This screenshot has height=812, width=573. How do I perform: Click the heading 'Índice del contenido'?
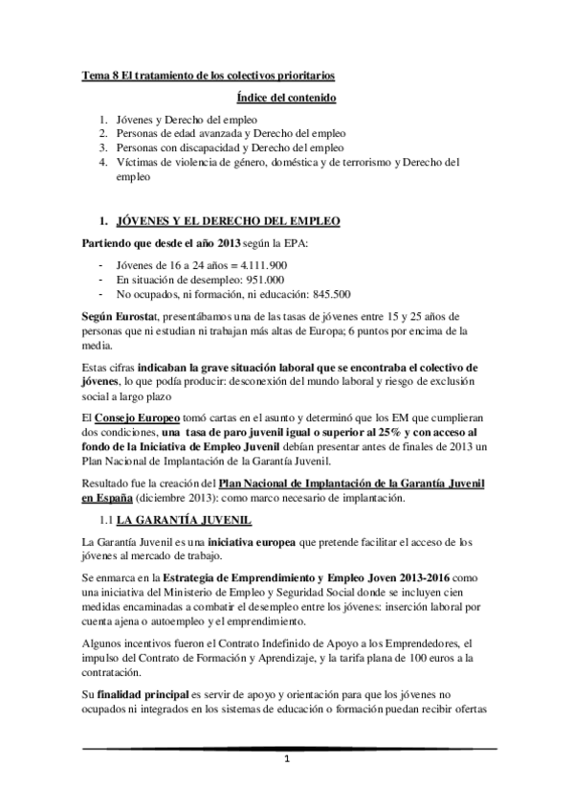286,98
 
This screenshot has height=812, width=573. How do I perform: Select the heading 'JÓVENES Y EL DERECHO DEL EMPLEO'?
226,221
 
